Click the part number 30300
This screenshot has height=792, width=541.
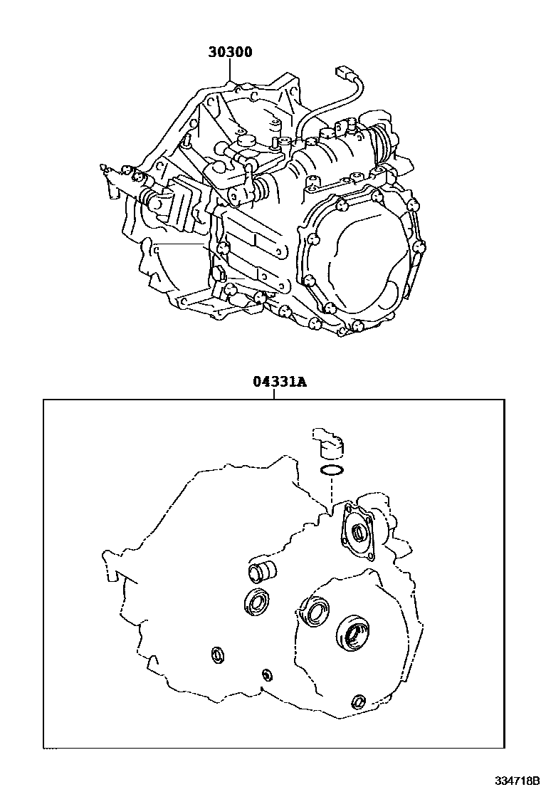231,52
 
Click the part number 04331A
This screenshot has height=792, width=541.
280,382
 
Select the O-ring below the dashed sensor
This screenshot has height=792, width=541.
332,471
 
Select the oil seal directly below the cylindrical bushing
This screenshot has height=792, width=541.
259,602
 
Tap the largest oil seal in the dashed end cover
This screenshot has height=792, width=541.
351,632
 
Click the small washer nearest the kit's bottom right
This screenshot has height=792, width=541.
359,701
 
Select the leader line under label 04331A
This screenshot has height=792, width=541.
274,394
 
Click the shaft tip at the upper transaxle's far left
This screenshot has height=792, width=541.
104,167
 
